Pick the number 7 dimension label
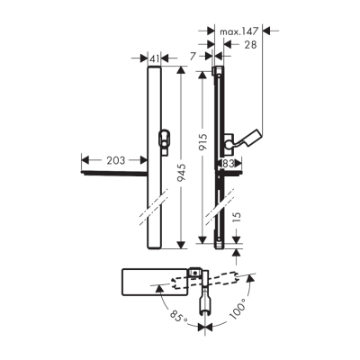(193, 58)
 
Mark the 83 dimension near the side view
(229, 163)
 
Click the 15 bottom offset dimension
(237, 218)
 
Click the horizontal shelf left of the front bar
(112, 176)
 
